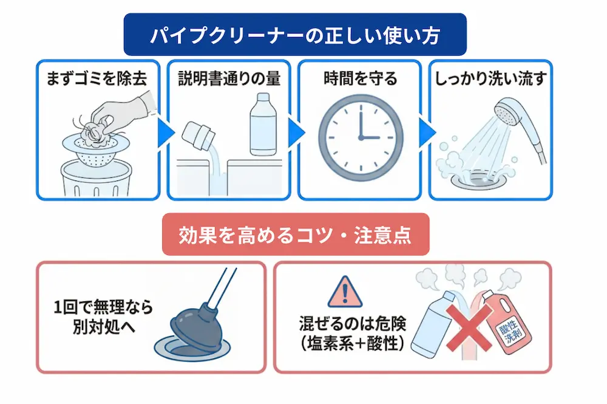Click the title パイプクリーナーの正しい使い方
pyautogui.click(x=295, y=35)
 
